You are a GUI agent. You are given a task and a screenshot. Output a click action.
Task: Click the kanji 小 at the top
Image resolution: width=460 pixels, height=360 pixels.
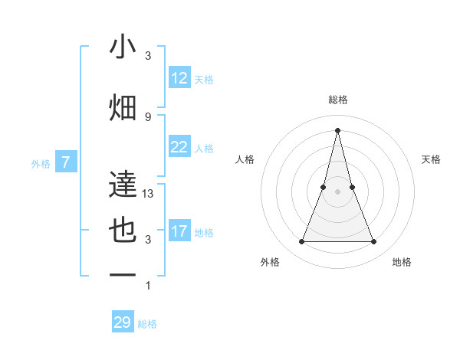(x=123, y=47)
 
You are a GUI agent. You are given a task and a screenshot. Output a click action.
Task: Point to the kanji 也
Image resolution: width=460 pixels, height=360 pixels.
(x=123, y=232)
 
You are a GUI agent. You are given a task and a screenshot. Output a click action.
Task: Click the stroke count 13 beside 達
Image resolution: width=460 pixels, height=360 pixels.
(x=149, y=194)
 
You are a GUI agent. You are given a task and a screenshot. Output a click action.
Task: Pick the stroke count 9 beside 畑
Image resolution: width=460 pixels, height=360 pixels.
(x=148, y=116)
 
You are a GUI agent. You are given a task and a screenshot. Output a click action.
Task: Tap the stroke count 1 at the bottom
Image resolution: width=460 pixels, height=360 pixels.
(x=148, y=286)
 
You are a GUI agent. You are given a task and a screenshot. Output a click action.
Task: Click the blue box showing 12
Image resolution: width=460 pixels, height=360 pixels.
(x=179, y=78)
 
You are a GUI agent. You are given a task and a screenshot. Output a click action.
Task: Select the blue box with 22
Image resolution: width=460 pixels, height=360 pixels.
(x=179, y=147)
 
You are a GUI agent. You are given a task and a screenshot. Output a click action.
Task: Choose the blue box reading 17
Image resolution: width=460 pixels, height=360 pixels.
(x=179, y=231)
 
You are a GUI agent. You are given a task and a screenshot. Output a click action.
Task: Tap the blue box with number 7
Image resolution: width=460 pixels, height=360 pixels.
(x=67, y=162)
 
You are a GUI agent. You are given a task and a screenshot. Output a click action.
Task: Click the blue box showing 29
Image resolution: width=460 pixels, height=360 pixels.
(x=123, y=322)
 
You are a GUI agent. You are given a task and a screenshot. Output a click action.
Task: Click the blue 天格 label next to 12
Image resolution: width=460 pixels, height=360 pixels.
(x=204, y=79)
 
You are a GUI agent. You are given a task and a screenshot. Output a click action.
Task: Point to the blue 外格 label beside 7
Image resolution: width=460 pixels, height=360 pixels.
(x=41, y=163)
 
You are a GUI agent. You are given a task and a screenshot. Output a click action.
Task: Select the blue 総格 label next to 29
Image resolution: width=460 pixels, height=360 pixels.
(x=147, y=324)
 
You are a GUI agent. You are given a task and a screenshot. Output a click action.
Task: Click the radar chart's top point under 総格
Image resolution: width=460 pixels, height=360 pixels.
(x=337, y=130)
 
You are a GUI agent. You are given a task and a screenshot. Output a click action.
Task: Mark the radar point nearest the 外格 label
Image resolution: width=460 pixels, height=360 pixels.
(x=301, y=242)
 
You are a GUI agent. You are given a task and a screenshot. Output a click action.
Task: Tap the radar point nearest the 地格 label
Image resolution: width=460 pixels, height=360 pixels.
(x=373, y=242)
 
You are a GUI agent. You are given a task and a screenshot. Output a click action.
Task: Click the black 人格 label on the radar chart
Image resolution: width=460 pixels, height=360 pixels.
(x=245, y=159)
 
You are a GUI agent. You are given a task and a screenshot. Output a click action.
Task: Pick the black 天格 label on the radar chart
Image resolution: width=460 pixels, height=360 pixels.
(x=432, y=159)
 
